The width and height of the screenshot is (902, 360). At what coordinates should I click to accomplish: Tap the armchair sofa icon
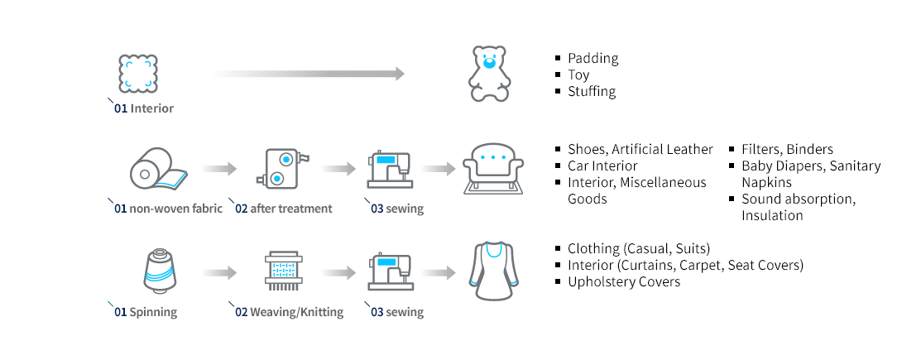point(493,168)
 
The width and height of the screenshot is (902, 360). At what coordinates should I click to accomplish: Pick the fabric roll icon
point(157,169)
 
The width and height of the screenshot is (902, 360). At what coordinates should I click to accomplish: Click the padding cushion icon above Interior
point(137,74)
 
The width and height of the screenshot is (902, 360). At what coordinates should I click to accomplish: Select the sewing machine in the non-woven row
point(389,169)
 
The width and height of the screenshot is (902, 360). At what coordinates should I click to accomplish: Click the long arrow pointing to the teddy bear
point(309,74)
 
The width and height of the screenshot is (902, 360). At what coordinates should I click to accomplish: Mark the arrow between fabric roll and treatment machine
point(219,169)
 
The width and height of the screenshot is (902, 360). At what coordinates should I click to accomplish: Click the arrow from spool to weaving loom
point(219,271)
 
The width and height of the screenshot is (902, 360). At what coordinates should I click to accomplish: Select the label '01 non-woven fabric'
point(168,209)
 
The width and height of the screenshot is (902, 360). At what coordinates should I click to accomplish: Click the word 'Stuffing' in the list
point(592,91)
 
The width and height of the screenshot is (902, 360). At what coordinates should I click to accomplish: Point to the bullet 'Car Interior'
point(602,166)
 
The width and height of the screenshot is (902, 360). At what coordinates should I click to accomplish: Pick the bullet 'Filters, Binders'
point(787,149)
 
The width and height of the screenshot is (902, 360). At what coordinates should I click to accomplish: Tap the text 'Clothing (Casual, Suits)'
point(639,248)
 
